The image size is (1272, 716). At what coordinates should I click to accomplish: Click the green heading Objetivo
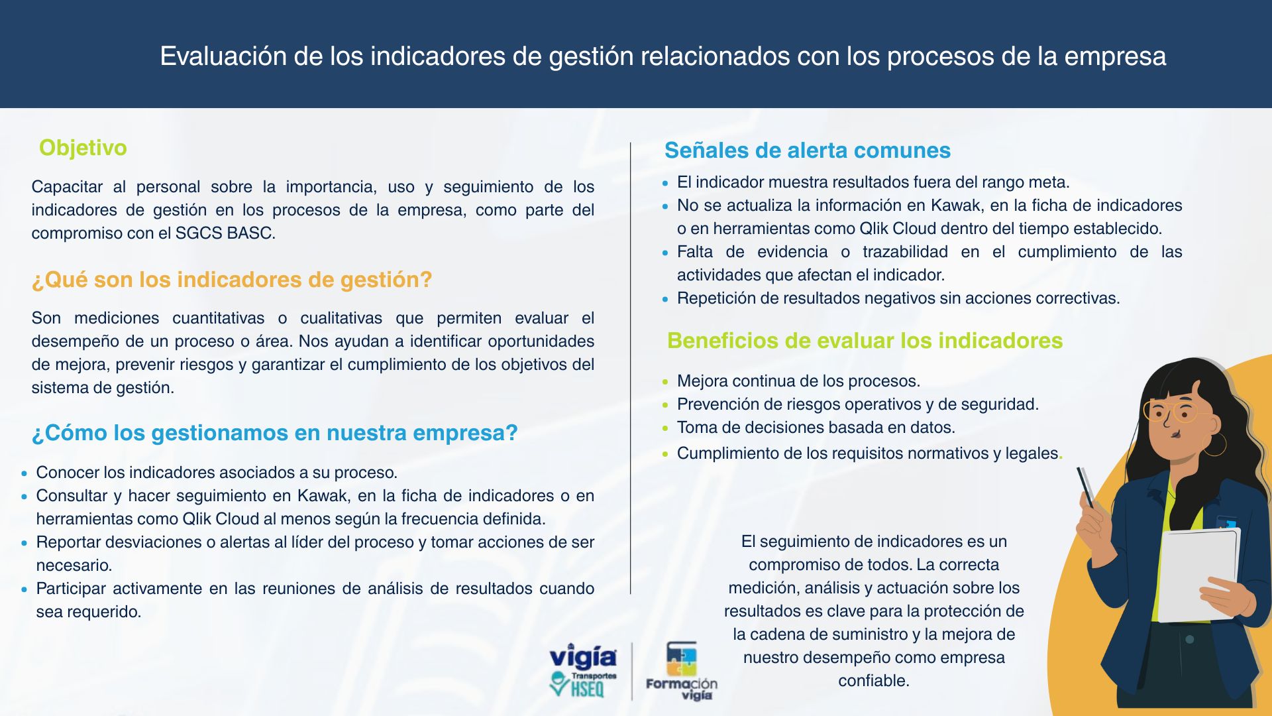pos(83,148)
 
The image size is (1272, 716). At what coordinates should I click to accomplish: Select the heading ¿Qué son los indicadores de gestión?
pos(232,280)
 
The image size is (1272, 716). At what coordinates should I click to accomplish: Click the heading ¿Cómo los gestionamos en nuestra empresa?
pos(275,433)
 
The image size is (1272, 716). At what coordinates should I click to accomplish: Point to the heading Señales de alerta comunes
pos(808,150)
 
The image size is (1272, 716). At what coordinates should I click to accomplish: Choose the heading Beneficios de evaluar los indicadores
pos(865,341)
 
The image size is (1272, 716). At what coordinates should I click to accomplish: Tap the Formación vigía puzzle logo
pos(682,671)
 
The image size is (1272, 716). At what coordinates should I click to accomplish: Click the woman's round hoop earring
pos(1214,444)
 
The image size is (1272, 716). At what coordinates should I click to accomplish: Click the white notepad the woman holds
pos(1198,575)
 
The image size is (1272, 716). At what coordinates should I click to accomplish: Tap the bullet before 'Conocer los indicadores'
pos(25,473)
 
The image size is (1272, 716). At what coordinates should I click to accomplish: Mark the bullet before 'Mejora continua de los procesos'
pos(665,382)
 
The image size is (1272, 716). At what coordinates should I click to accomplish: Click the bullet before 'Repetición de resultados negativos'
pos(665,299)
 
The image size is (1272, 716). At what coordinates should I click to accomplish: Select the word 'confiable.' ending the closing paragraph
pos(874,681)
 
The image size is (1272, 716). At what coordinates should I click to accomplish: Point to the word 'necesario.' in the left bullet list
pos(74,566)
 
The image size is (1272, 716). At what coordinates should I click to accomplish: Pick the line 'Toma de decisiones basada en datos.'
pos(816,428)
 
